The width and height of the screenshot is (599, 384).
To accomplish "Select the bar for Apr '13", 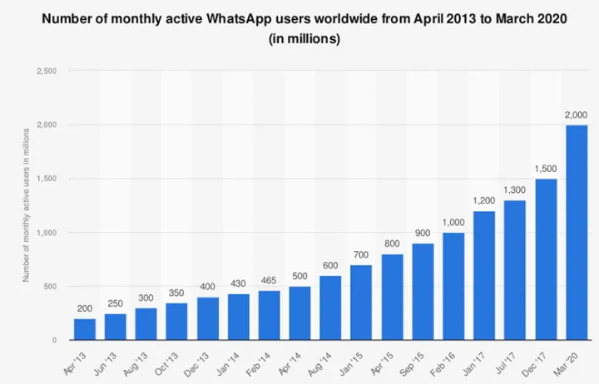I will pyautogui.click(x=84, y=329).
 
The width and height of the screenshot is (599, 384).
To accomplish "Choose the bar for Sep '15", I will pyautogui.click(x=422, y=292).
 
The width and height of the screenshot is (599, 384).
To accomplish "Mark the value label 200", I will pyautogui.click(x=84, y=309).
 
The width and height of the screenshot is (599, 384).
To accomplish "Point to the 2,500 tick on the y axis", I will pyautogui.click(x=47, y=71).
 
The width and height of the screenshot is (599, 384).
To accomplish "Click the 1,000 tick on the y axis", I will pyautogui.click(x=47, y=232).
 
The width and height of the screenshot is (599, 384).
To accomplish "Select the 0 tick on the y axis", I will pyautogui.click(x=54, y=340).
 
